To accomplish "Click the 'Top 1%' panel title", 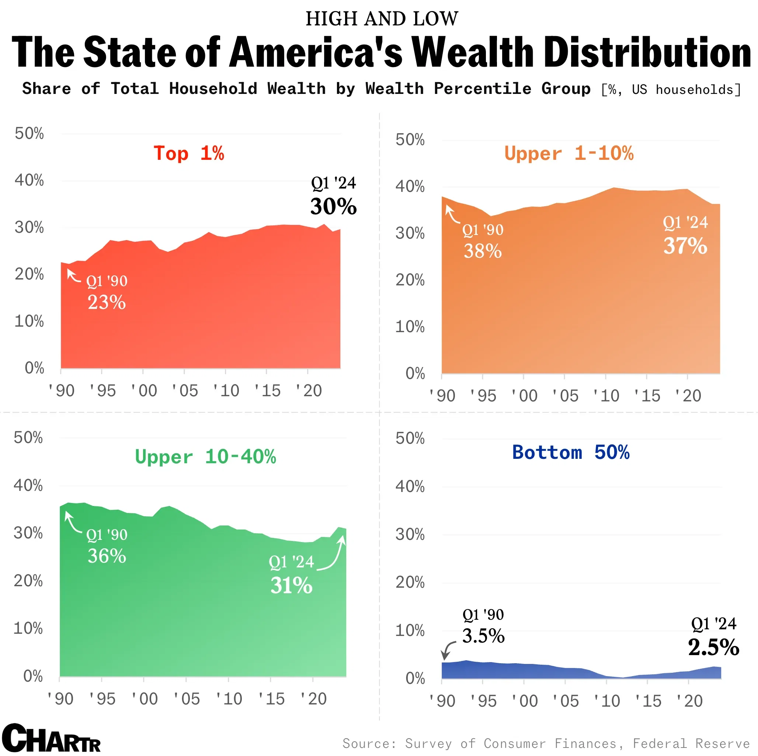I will click(189, 153).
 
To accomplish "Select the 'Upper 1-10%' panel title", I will click(568, 153).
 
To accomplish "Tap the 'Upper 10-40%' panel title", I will click(205, 457).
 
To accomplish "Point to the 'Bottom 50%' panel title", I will click(570, 452).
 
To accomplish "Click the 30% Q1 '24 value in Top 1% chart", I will click(334, 207).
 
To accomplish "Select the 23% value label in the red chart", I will click(106, 302).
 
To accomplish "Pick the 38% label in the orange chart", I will click(483, 251).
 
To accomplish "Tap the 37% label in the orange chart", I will click(685, 246).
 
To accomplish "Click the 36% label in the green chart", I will click(107, 556).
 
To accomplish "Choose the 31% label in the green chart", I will click(291, 586).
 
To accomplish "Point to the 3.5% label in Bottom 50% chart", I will click(483, 636).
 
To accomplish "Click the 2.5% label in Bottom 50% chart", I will click(713, 647).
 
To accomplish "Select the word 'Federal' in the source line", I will click(659, 743).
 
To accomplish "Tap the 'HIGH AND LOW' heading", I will click(382, 18).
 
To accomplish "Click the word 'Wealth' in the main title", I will click(473, 52).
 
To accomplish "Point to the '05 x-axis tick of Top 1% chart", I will click(184, 390).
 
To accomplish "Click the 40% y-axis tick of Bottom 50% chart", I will click(410, 486).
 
